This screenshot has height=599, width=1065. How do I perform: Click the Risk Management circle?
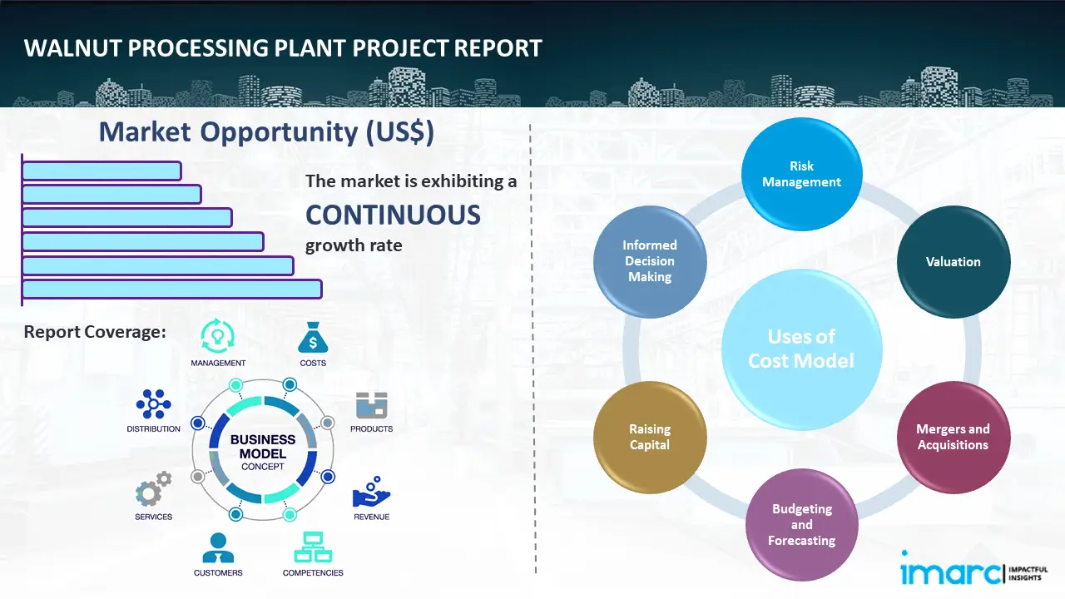(801, 174)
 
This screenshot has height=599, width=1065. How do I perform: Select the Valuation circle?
(953, 262)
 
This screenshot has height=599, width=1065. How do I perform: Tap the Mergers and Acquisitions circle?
(953, 437)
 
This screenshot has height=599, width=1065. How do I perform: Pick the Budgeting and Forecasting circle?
(801, 524)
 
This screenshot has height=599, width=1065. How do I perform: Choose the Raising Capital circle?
(650, 437)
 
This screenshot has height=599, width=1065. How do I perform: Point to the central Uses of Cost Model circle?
(801, 349)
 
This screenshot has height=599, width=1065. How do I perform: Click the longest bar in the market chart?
(171, 289)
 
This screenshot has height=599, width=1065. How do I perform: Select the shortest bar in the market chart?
(102, 171)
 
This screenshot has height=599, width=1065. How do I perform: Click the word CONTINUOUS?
(393, 215)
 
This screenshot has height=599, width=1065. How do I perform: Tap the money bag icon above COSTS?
(313, 338)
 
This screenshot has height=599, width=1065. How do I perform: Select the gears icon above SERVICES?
(153, 490)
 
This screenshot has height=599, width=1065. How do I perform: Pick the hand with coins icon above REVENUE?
(371, 493)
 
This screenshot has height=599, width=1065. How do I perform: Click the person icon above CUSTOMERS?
(218, 547)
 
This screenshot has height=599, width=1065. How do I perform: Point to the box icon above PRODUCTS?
(371, 405)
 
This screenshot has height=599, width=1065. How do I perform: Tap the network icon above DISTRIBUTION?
(153, 403)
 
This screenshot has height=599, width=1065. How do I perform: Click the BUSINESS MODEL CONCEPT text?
(263, 453)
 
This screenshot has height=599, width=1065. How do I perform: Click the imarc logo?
(950, 572)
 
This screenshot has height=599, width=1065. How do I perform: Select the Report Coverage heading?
(95, 332)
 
